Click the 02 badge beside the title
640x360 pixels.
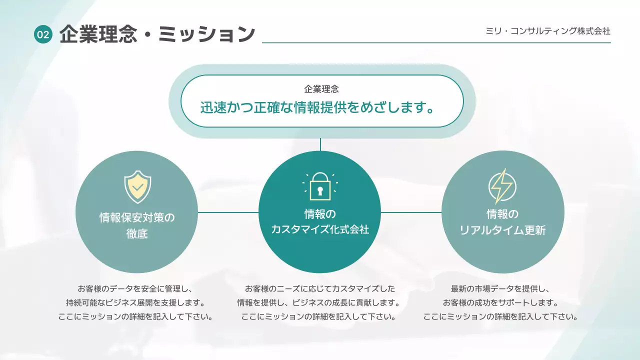[x=43, y=34]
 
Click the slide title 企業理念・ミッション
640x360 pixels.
[x=157, y=34]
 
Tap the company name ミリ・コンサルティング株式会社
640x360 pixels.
[x=548, y=31]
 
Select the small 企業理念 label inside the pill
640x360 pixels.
[x=321, y=89]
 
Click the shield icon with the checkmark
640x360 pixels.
[x=137, y=186]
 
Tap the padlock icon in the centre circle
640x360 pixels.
[x=320, y=185]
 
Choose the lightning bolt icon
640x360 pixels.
[x=502, y=186]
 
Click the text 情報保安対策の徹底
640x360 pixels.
[x=137, y=225]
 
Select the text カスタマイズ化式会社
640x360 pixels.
[x=320, y=229]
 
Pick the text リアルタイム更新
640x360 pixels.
[x=502, y=230]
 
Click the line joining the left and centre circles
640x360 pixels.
[x=228, y=212]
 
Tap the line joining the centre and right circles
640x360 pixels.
[x=411, y=212]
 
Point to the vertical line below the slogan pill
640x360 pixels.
[x=320, y=144]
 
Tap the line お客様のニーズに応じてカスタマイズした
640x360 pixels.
[x=319, y=289]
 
